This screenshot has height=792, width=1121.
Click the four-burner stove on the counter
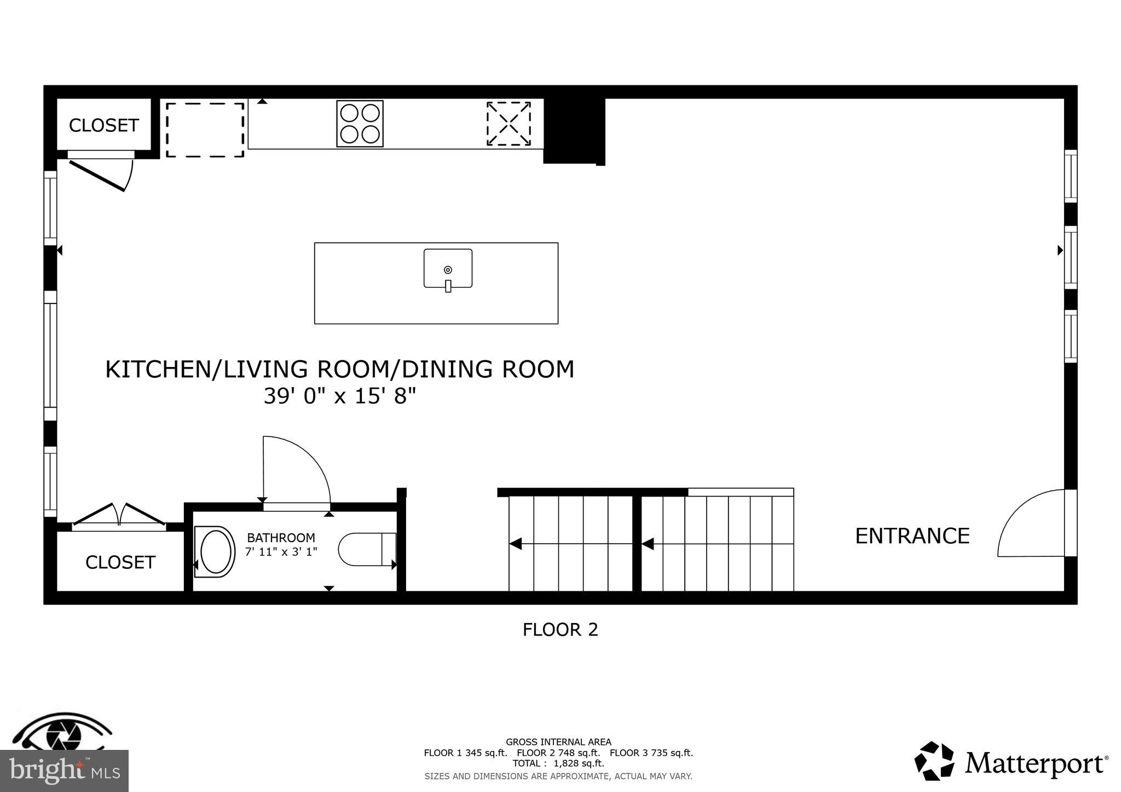coord(360,124)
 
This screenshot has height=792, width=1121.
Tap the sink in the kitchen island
coord(448,269)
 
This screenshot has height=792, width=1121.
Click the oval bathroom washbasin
coord(215,551)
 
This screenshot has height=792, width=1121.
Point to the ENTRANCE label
coord(912,536)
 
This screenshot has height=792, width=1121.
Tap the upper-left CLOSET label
coord(103,126)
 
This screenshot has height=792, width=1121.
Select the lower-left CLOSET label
coord(120,562)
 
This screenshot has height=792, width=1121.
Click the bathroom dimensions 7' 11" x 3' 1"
coord(281,552)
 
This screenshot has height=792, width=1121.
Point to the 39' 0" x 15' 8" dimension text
coord(339,396)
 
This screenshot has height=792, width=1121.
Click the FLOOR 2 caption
coord(560,630)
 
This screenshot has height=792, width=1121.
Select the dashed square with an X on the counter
coord(509,124)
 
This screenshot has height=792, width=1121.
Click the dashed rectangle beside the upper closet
coord(205,130)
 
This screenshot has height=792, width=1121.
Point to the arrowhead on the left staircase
coord(515,544)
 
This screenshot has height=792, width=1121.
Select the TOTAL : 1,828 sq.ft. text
coord(558,763)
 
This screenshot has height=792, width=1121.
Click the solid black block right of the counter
coord(573,130)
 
